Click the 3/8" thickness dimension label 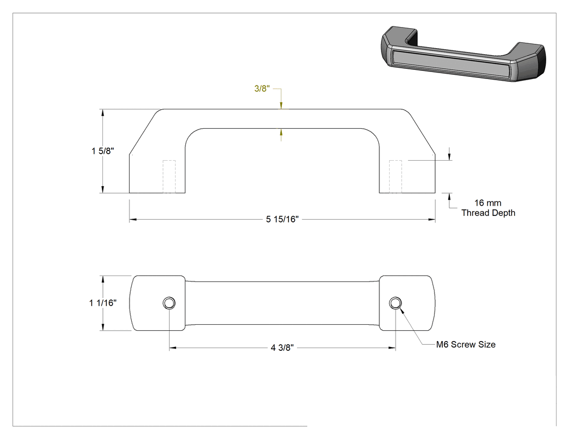[x=262, y=88]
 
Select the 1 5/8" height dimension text [x=103, y=151]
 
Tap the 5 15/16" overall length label [x=282, y=219]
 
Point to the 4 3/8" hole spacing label [x=282, y=348]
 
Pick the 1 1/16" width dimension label [x=103, y=303]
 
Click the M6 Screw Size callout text [x=466, y=344]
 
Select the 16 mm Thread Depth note [x=488, y=208]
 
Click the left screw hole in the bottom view [x=169, y=303]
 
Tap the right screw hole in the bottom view [x=395, y=303]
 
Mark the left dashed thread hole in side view [x=169, y=176]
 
